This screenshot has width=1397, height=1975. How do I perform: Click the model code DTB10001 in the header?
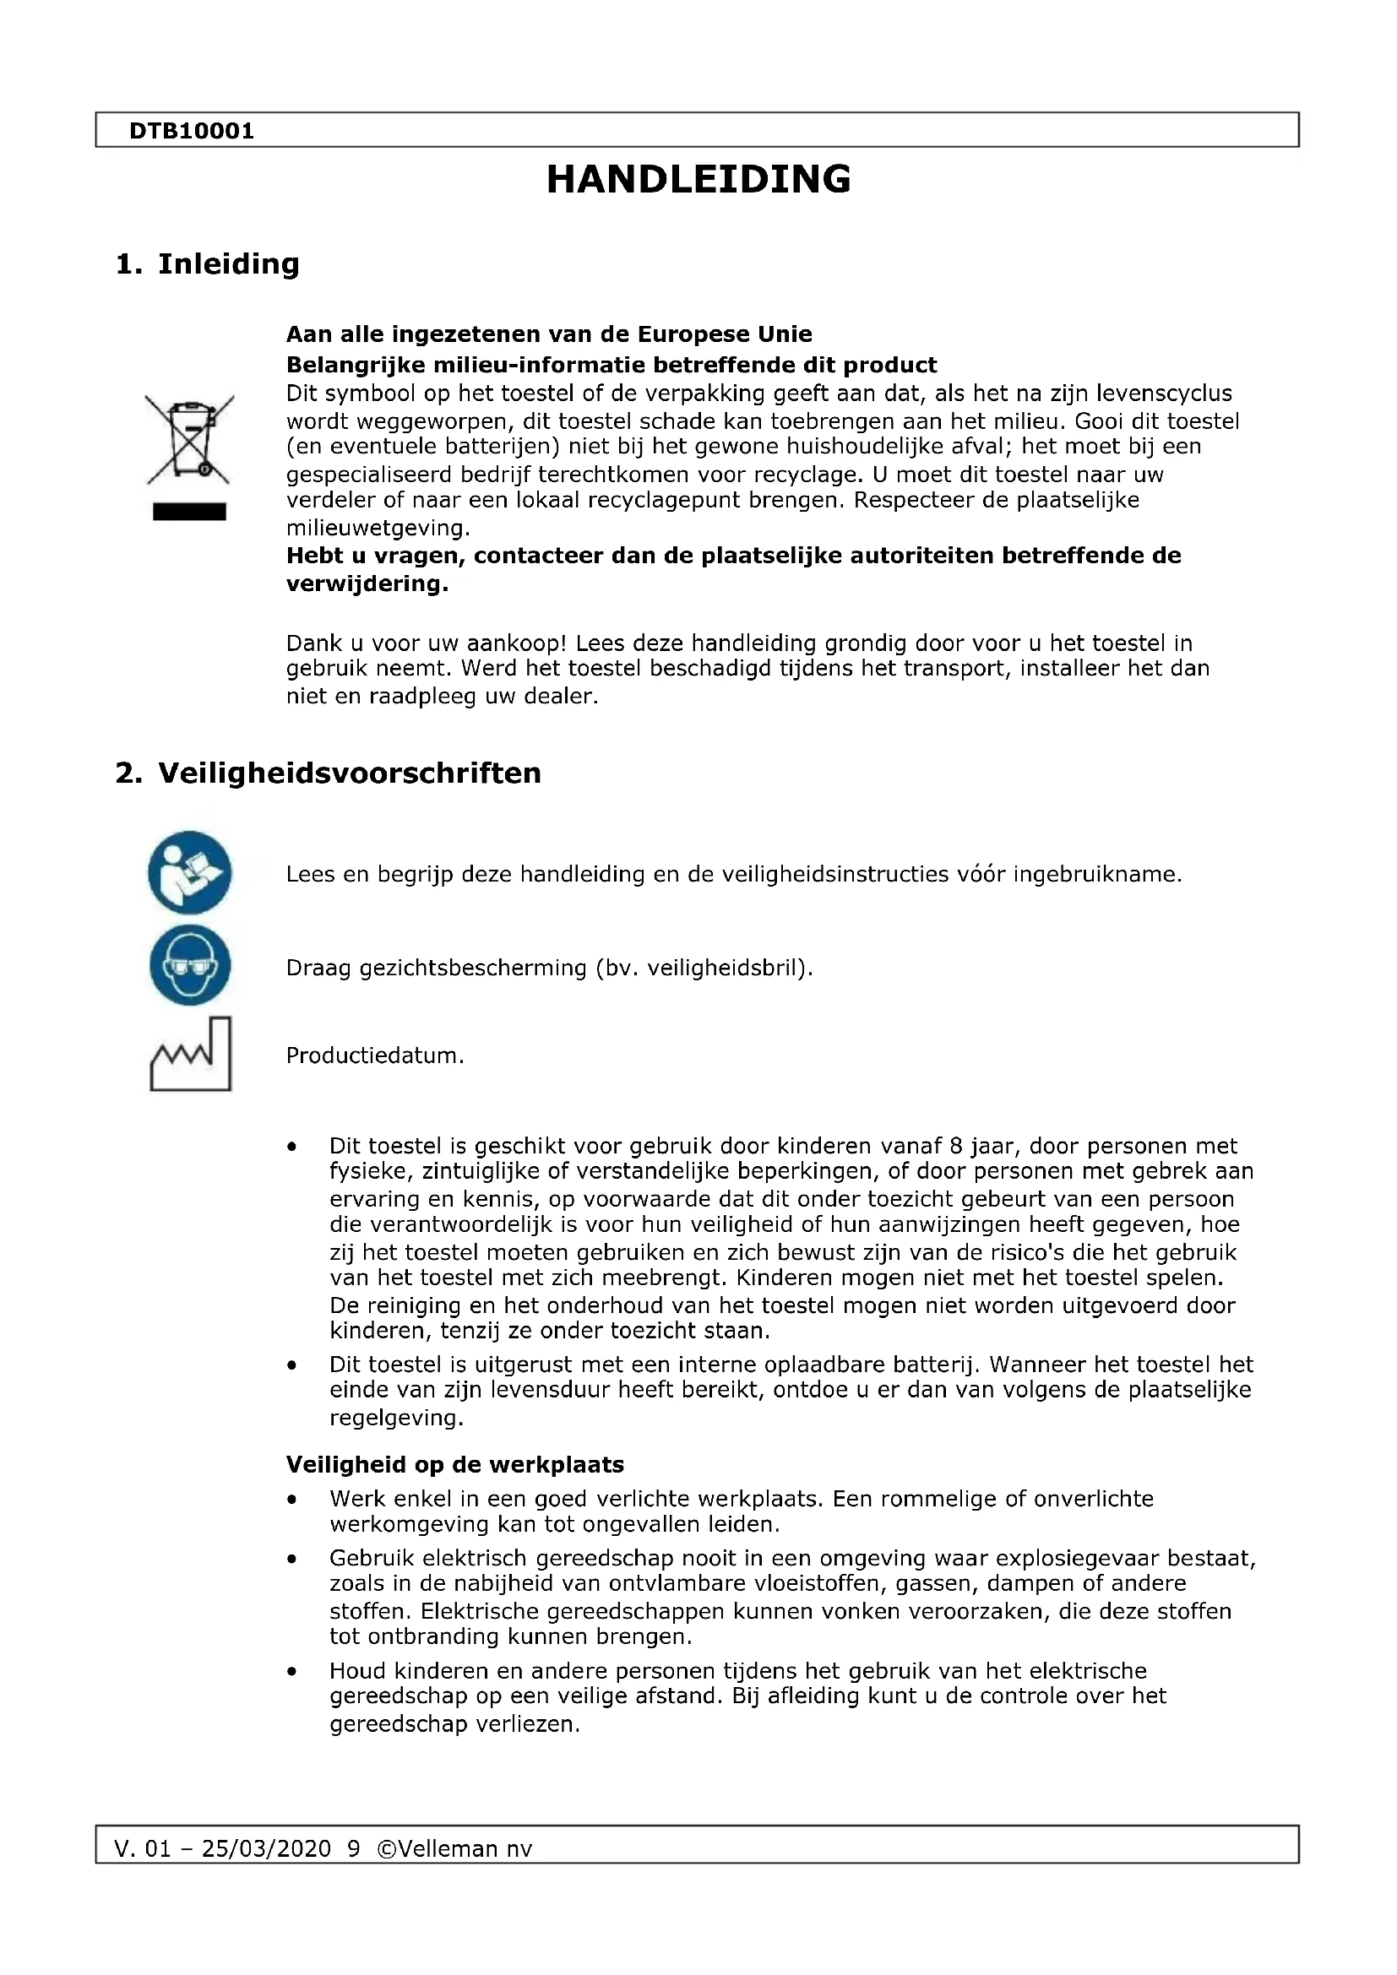pos(191,131)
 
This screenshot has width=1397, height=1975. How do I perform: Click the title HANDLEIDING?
pos(698,179)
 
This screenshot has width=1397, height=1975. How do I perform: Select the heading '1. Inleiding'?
pos(207,263)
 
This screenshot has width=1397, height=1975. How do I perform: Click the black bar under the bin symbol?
pos(189,512)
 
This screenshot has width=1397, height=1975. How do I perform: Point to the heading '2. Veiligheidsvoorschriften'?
pos(328,773)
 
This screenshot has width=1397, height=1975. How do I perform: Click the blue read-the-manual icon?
pos(189,872)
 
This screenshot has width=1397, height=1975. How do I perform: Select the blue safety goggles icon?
pos(189,965)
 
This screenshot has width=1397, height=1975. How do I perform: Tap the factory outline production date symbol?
pos(190,1055)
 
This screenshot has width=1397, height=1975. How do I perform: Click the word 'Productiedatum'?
pos(373,1055)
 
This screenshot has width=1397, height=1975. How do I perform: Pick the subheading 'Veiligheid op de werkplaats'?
pos(455,1464)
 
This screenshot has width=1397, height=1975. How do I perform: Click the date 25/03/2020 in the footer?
pos(266,1848)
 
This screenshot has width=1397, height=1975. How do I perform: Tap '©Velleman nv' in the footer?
pos(455,1848)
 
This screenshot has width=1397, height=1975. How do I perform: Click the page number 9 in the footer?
pos(354,1848)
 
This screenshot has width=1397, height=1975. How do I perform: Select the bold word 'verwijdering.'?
pos(367,584)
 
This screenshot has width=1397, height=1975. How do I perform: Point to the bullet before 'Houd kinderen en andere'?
pos(292,1671)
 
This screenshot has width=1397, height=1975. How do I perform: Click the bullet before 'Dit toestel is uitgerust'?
pos(292,1365)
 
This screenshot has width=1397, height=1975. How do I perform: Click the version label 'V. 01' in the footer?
pos(142,1848)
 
